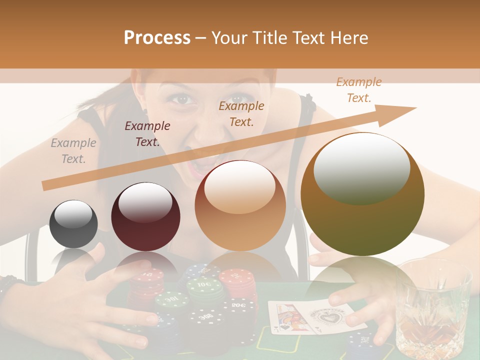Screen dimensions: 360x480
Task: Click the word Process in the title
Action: [157, 37]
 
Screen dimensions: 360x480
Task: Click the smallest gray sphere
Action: [73, 223]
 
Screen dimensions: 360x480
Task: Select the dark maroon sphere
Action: [145, 216]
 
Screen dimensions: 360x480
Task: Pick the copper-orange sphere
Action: [240, 205]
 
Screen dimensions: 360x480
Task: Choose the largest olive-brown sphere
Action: [362, 194]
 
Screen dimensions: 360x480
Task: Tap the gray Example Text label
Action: [73, 150]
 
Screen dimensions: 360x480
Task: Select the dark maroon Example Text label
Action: [147, 133]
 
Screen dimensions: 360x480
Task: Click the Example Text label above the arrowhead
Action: [358, 89]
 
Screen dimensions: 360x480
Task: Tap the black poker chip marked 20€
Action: [239, 304]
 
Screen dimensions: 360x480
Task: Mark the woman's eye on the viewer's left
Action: [183, 98]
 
